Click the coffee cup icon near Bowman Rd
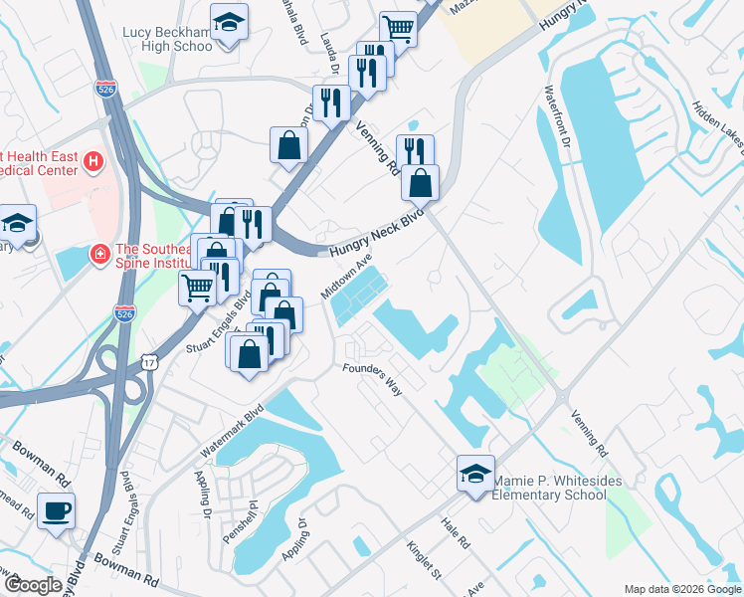(56, 510)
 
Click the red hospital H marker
(93, 160)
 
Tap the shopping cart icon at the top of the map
(398, 29)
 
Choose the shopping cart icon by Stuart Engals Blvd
(197, 289)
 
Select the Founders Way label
(372, 379)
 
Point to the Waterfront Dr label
(556, 115)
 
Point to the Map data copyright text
(682, 589)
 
